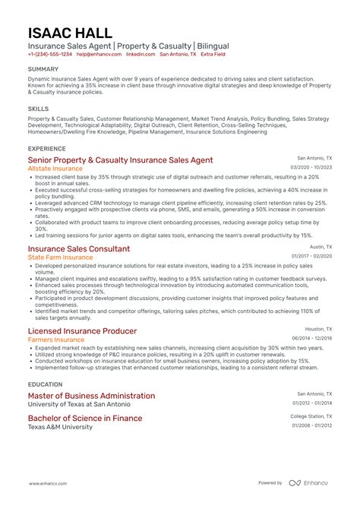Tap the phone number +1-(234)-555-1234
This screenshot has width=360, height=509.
point(50,55)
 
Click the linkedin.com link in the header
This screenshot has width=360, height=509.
point(140,55)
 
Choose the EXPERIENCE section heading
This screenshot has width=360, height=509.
point(46,148)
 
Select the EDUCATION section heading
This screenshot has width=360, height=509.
point(45,384)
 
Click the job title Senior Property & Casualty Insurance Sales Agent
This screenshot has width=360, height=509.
point(120,160)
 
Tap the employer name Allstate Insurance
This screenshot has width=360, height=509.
point(60,169)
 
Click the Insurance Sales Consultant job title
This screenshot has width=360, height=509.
point(79,248)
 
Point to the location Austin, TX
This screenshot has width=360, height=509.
point(321,247)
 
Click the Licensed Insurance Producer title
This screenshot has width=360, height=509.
point(82,331)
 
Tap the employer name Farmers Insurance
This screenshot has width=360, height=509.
point(56,340)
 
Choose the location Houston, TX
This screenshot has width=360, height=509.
point(318,330)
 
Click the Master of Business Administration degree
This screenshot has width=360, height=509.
point(91,396)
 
